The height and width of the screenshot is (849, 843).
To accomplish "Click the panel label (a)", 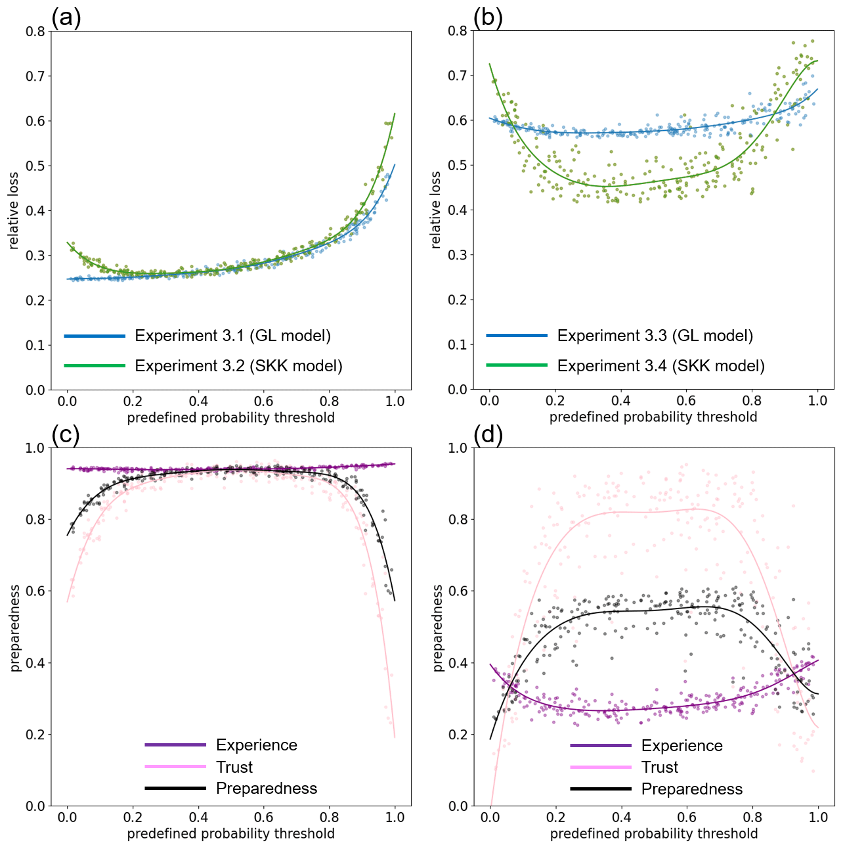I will click(66, 18).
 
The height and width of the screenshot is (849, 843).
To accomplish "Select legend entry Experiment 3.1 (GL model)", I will click(232, 336).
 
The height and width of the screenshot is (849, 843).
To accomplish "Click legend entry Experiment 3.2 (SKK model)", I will click(238, 366).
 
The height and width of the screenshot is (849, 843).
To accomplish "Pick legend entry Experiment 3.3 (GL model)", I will click(655, 336).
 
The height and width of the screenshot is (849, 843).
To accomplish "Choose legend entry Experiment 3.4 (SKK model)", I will click(660, 366).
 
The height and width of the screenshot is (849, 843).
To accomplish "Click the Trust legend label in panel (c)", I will click(234, 767).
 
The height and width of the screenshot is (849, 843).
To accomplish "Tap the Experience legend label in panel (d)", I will click(681, 746).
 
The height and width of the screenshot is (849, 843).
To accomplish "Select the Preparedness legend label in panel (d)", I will click(691, 789).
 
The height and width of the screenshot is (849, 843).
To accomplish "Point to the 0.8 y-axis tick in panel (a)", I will click(35, 32).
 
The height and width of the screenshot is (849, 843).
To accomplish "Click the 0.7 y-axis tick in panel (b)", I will click(458, 76).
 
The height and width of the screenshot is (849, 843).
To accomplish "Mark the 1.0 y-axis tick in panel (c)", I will click(35, 448).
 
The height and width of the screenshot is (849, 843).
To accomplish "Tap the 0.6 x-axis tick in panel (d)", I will click(687, 817).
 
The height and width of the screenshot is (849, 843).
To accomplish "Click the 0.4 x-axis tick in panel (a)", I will click(198, 402).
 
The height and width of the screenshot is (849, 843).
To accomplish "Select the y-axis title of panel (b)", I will click(436, 210).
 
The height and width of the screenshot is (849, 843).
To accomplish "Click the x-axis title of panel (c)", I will click(230, 834).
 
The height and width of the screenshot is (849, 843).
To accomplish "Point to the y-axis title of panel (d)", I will click(438, 628).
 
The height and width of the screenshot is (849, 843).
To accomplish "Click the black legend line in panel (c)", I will click(175, 788).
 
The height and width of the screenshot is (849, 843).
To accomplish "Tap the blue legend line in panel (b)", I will click(517, 336).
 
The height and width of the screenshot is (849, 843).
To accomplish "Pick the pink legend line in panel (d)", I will click(601, 767).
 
